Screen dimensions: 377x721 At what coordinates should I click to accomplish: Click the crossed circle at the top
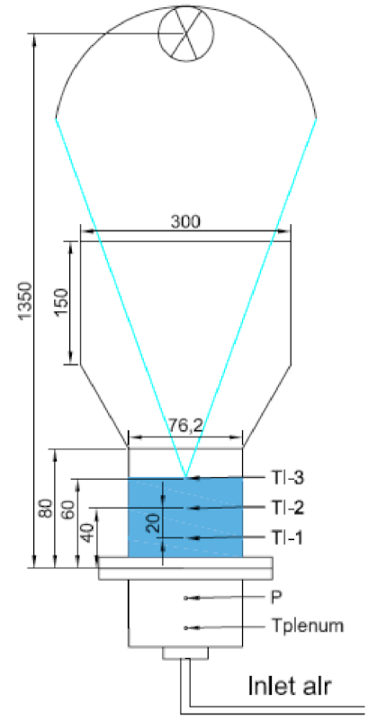186,33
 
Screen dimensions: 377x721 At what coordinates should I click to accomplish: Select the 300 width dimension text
185,221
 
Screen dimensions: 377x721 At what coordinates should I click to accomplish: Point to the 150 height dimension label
62,302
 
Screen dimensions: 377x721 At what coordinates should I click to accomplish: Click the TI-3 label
285,478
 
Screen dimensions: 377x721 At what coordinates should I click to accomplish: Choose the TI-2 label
285,508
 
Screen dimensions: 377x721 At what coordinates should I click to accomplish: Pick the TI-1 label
285,537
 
